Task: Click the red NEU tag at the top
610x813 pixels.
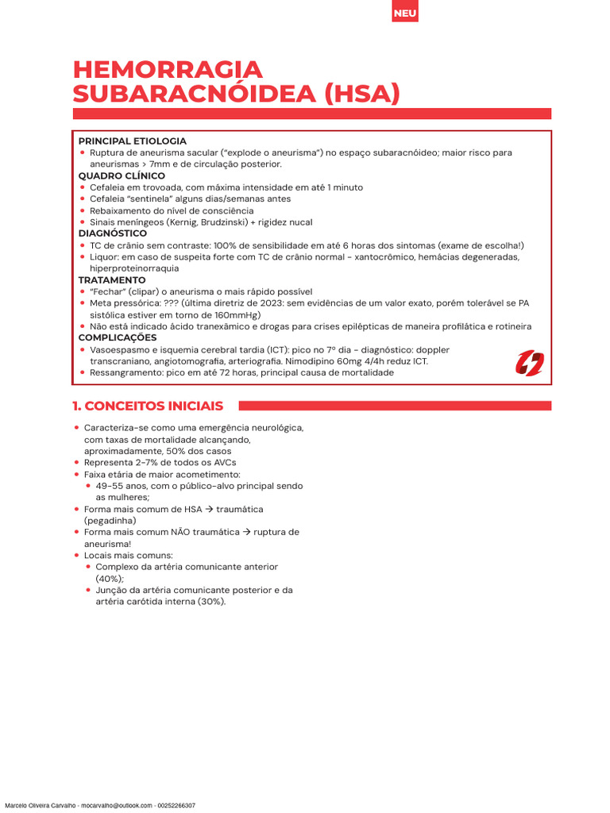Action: [405, 14]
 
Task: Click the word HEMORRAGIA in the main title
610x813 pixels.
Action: [168, 70]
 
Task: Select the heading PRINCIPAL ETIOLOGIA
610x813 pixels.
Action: [132, 141]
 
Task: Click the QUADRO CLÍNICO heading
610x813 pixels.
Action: [122, 175]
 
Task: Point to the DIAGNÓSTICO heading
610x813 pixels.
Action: [112, 233]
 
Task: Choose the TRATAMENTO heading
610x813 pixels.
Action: [112, 280]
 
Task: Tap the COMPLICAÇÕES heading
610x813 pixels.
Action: [117, 337]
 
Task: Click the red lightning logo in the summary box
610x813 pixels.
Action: [530, 363]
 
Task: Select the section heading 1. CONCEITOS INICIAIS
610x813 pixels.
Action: [148, 406]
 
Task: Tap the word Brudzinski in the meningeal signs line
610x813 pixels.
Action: [222, 222]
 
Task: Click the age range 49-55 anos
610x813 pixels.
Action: [120, 486]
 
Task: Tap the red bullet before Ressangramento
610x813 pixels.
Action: [83, 372]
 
